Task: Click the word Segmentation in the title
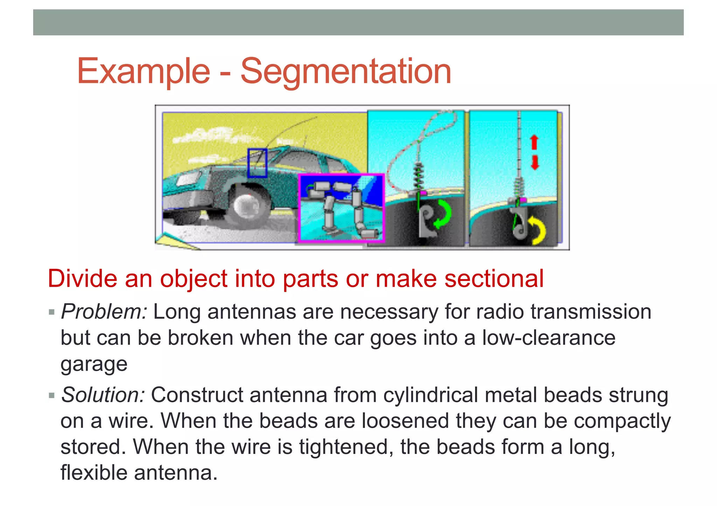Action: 346,71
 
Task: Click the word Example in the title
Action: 144,71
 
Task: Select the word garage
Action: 94,364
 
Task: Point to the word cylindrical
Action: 431,395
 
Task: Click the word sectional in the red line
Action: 494,279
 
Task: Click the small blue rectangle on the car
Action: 257,163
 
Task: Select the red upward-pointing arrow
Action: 534,142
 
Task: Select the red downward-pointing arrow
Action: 535,163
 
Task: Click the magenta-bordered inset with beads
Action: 341,208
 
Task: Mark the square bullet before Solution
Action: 52,396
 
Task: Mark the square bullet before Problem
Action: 52,312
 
